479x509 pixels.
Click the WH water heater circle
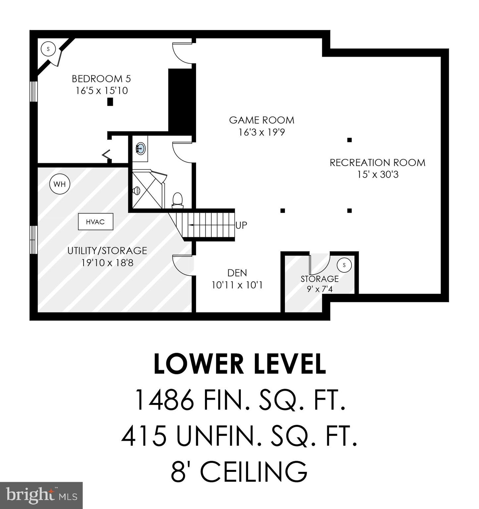point(60,184)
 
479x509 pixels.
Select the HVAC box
point(95,222)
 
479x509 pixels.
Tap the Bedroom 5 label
point(101,79)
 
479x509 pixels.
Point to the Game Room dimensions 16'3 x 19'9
point(262,133)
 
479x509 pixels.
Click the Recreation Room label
point(377,163)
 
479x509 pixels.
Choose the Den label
point(237,273)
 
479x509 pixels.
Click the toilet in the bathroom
point(178,200)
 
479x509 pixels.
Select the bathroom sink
point(140,148)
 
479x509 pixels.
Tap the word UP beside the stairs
point(241,225)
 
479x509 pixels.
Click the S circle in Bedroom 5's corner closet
point(48,49)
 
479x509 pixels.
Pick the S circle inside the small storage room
point(344,265)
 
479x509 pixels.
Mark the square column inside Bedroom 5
point(110,102)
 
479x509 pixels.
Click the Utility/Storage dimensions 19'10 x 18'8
point(107,263)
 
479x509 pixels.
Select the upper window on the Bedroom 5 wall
point(33,91)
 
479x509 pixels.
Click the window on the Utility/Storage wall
point(33,240)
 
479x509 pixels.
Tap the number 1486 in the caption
point(165,400)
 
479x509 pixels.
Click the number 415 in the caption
point(144,436)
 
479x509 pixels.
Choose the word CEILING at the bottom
point(254,472)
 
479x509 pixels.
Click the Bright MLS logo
point(41,495)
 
